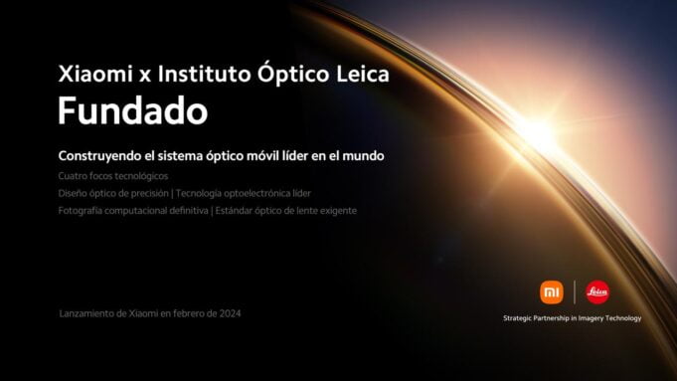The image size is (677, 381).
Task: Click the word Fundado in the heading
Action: [132, 111]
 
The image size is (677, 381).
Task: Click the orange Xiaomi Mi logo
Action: [551, 291]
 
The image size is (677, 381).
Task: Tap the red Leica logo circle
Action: [597, 291]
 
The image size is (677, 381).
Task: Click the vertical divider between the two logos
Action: [575, 291]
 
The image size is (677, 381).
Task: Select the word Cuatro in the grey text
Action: [73, 176]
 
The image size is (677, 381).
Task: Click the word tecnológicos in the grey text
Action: [140, 176]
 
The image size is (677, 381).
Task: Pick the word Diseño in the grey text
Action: [74, 193]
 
